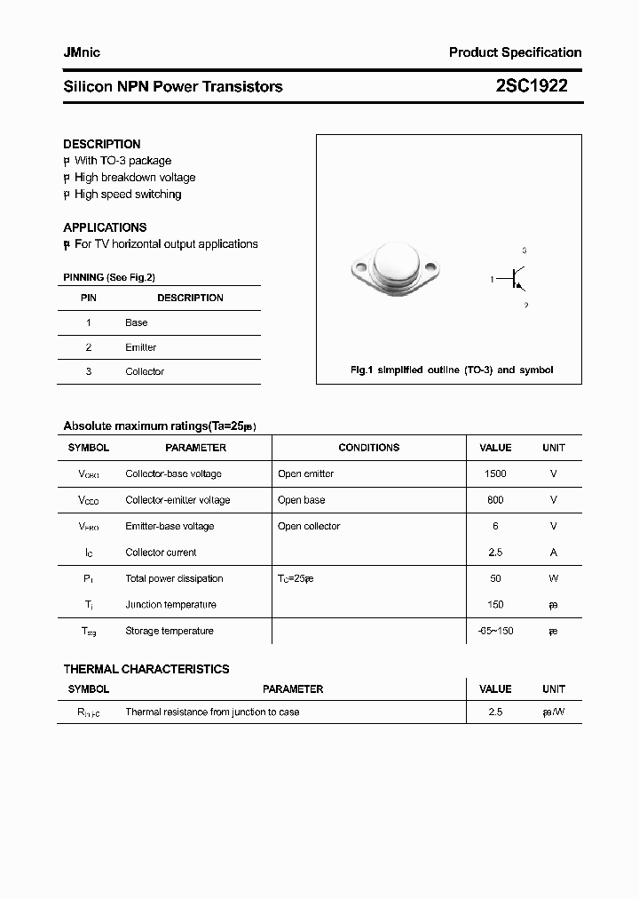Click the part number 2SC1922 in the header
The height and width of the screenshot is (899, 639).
click(532, 86)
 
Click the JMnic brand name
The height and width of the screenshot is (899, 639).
click(82, 52)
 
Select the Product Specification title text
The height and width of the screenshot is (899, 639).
click(515, 52)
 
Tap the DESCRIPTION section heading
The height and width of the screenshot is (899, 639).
click(102, 144)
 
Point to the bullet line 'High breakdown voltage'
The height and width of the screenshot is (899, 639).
click(134, 178)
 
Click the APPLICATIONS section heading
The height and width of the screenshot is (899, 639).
click(105, 227)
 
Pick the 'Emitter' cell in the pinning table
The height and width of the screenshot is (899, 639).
click(140, 347)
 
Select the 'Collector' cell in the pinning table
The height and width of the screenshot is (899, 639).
click(145, 371)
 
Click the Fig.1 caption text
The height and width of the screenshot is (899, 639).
click(452, 370)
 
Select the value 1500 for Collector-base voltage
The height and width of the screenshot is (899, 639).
click(495, 473)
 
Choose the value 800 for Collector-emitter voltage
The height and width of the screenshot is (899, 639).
click(495, 500)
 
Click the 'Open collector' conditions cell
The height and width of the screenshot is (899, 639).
click(309, 526)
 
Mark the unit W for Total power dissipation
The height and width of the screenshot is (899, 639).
click(553, 578)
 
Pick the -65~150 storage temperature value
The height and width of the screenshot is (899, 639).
click(495, 631)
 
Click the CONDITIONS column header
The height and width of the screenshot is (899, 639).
click(369, 448)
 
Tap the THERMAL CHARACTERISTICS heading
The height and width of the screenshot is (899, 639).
click(146, 669)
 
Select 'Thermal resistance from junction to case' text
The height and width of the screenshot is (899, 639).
click(212, 712)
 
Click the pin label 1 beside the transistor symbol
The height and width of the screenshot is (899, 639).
click(492, 279)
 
